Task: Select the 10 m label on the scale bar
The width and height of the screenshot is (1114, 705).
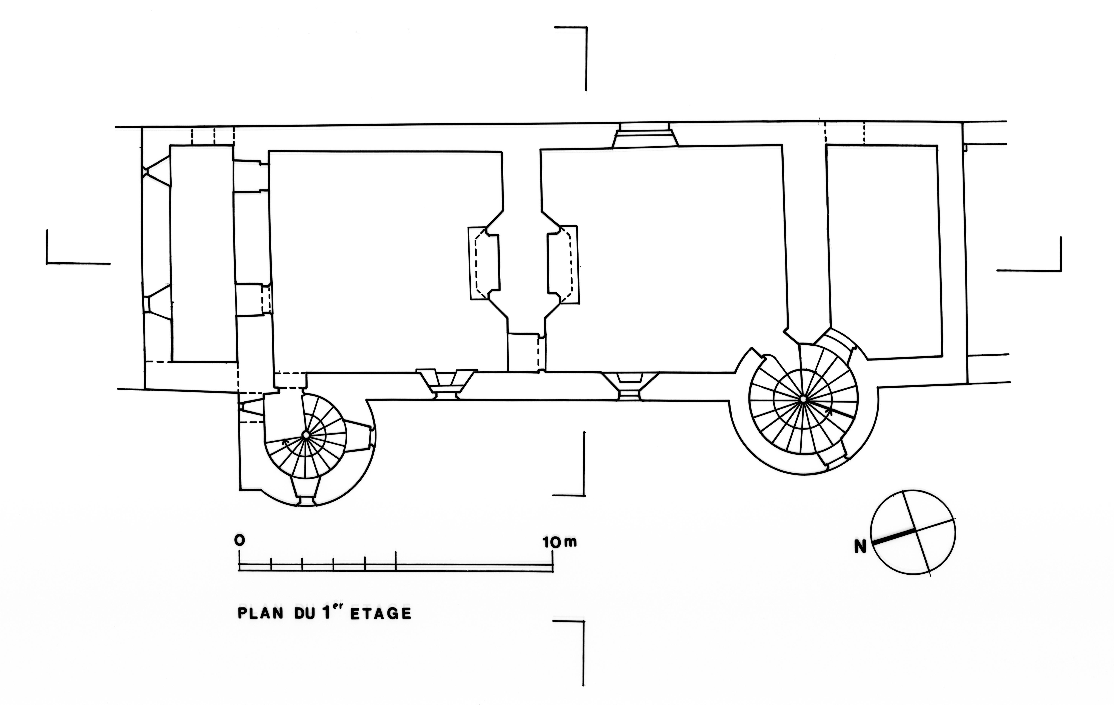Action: tap(560, 542)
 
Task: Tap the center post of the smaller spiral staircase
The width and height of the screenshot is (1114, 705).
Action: tap(306, 435)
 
